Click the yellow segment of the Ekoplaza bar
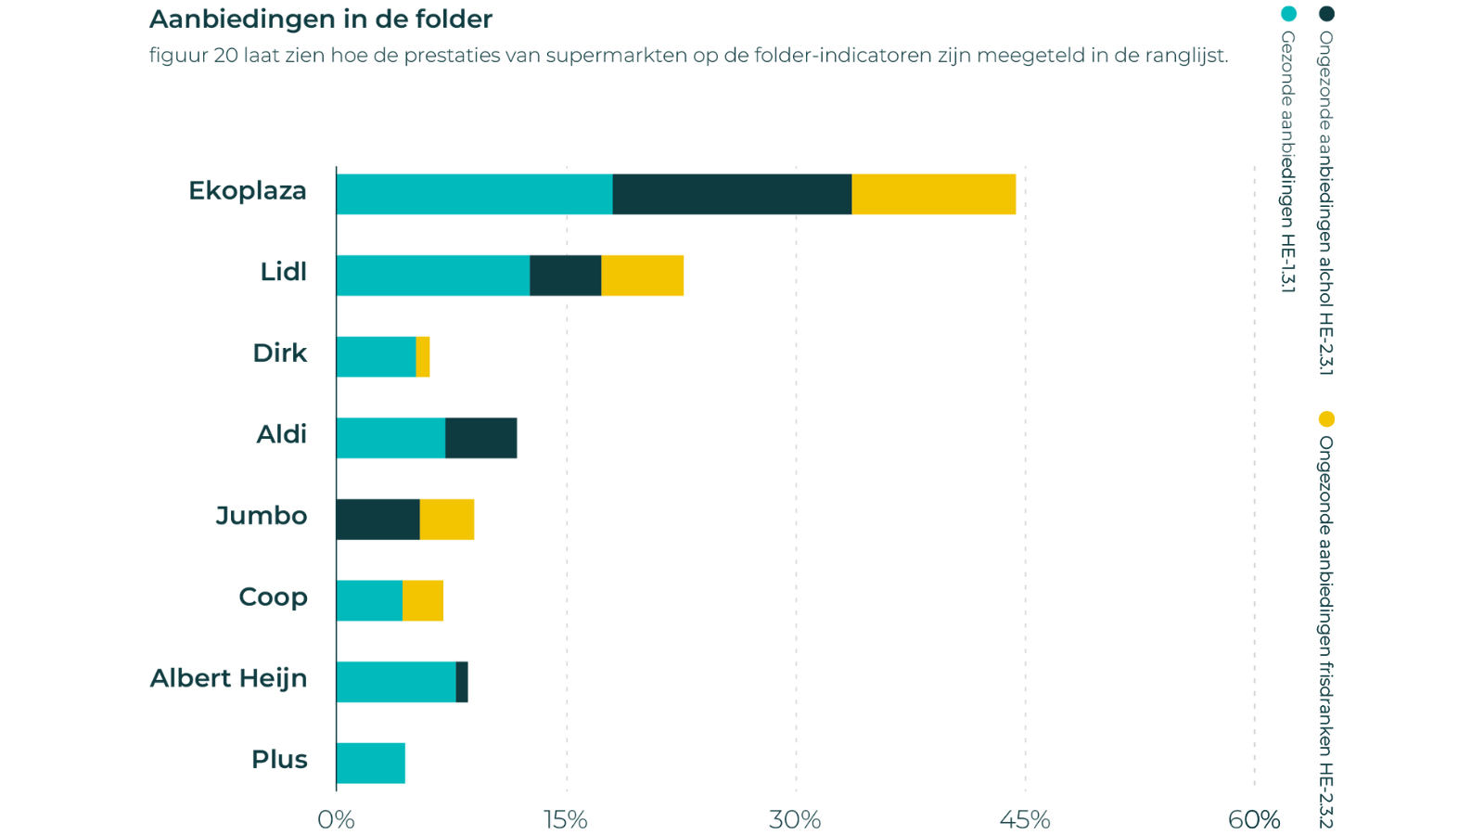(x=934, y=194)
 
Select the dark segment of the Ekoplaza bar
(x=732, y=194)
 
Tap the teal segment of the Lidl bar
(x=433, y=276)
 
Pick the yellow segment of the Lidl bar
(x=643, y=276)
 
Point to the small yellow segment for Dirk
(x=423, y=357)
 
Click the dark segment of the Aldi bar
(x=481, y=438)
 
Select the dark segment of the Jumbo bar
(x=378, y=520)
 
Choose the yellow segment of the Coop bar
(x=423, y=601)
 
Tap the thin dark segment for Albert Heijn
(x=463, y=682)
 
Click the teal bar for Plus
(x=372, y=764)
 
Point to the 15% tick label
(x=566, y=819)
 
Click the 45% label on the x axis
(x=1025, y=819)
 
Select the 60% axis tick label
(x=1253, y=819)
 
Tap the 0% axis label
(x=336, y=819)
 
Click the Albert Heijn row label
(x=228, y=679)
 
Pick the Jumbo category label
(x=261, y=516)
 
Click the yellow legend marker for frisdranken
(x=1326, y=419)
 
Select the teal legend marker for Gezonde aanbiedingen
(x=1288, y=15)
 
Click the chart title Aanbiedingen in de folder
(x=321, y=19)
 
